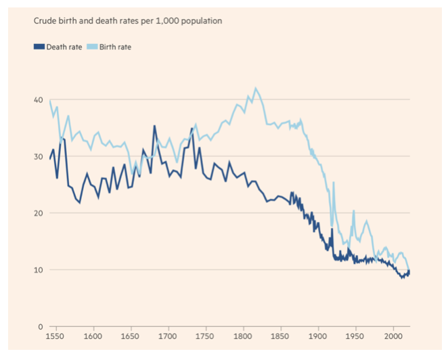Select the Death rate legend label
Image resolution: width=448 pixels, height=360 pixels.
[x=64, y=47]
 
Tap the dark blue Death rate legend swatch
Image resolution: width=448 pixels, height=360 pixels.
[x=39, y=47]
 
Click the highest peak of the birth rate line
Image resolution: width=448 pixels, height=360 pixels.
[x=255, y=88]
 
